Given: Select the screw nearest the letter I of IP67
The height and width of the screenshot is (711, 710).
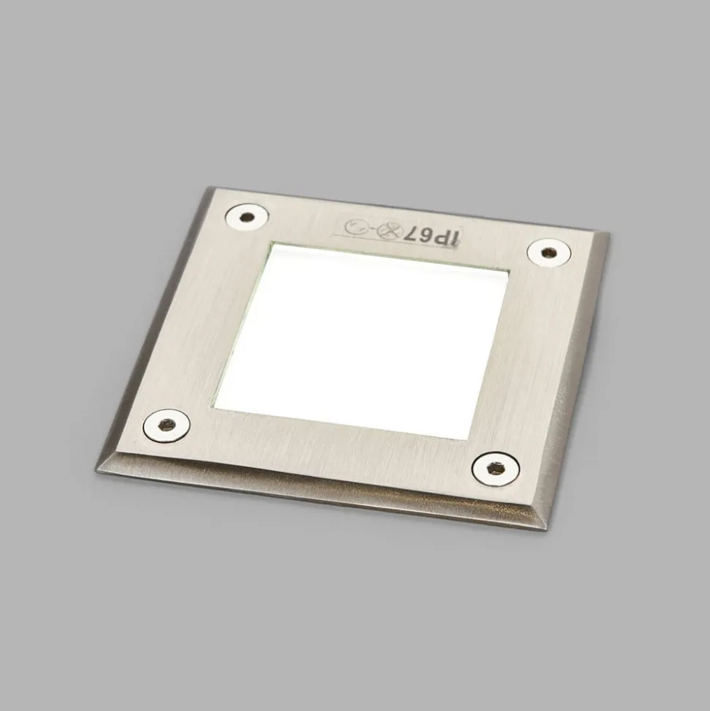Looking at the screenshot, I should (548, 253).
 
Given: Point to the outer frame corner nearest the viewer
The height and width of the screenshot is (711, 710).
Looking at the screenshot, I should (545, 529).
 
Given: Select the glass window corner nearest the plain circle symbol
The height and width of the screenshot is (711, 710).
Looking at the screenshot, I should (272, 243).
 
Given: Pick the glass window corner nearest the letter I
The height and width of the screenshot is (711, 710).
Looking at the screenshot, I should (508, 271).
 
